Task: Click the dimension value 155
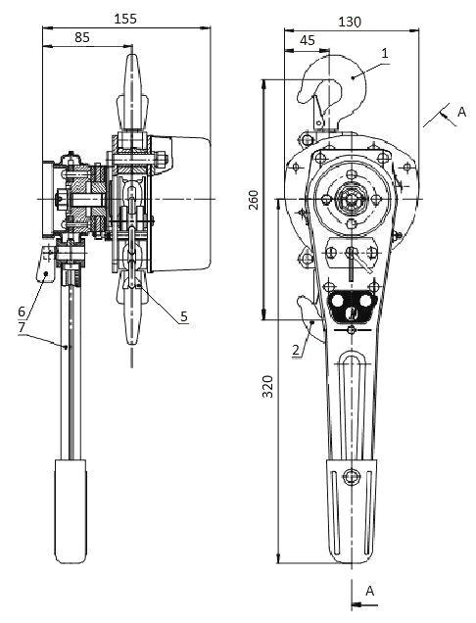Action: click(125, 19)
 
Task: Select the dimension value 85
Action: click(82, 37)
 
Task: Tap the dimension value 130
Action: click(350, 22)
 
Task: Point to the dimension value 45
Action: click(308, 40)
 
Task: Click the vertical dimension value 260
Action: click(254, 200)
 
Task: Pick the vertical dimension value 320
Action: click(268, 386)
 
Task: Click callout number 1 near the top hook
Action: click(384, 53)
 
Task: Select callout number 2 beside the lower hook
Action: click(296, 350)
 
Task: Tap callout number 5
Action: click(183, 316)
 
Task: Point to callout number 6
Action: click(22, 311)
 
